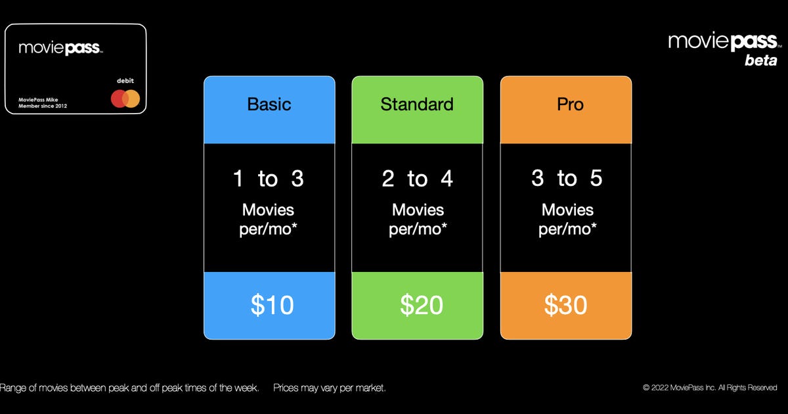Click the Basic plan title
[x=269, y=104]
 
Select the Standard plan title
[x=417, y=104]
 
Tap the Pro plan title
[x=570, y=104]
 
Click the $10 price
[x=272, y=305]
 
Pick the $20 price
[x=422, y=305]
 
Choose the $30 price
[x=565, y=305]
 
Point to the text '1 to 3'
[x=269, y=179]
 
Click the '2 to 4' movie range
[x=417, y=179]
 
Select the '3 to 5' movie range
[x=567, y=178]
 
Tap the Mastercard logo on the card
[x=125, y=99]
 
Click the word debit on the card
[x=125, y=81]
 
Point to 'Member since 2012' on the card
[x=43, y=106]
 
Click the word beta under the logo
[x=761, y=60]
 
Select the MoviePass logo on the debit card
[x=60, y=48]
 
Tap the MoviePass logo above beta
[x=725, y=41]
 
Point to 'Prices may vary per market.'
[x=329, y=388]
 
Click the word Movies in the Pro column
[x=567, y=210]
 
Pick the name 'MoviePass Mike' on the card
[x=38, y=100]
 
